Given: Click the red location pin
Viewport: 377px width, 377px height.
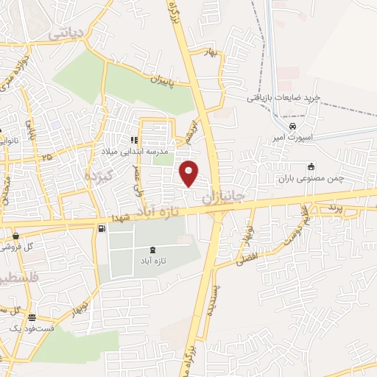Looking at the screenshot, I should (190, 173).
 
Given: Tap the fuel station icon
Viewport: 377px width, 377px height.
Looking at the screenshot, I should (100, 228).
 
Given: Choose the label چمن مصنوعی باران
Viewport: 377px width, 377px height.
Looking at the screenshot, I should (311, 178).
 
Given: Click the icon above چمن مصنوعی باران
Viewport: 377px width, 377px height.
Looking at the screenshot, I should (311, 166).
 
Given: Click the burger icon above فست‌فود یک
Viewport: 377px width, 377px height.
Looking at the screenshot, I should (30, 318).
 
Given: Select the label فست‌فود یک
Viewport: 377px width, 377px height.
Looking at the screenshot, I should (28, 329).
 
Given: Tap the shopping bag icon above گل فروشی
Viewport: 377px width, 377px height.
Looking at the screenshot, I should (16, 236).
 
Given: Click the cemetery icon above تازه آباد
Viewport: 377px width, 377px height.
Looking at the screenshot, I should (152, 250).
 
